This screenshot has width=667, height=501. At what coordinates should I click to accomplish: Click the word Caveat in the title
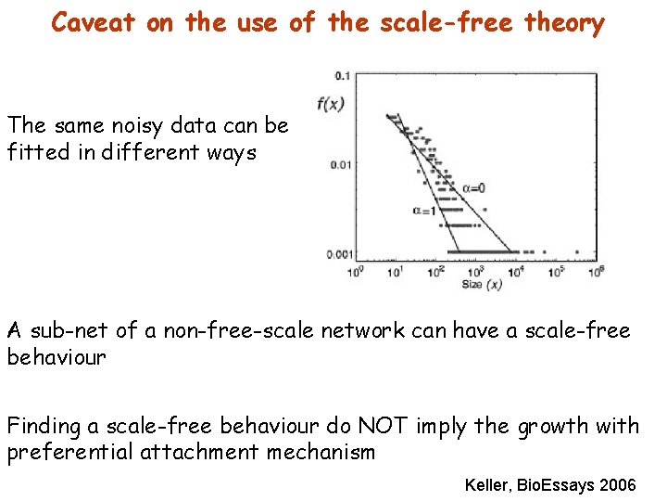pos(94,22)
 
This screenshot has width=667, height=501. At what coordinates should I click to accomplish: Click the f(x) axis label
pos(331,104)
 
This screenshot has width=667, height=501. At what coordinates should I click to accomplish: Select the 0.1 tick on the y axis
pos(342,74)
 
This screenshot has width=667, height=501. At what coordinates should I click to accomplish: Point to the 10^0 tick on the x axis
pos(354,272)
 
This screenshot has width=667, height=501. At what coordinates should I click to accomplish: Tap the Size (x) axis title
pos(482,285)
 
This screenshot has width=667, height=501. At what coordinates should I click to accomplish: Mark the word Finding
pos(44,426)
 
